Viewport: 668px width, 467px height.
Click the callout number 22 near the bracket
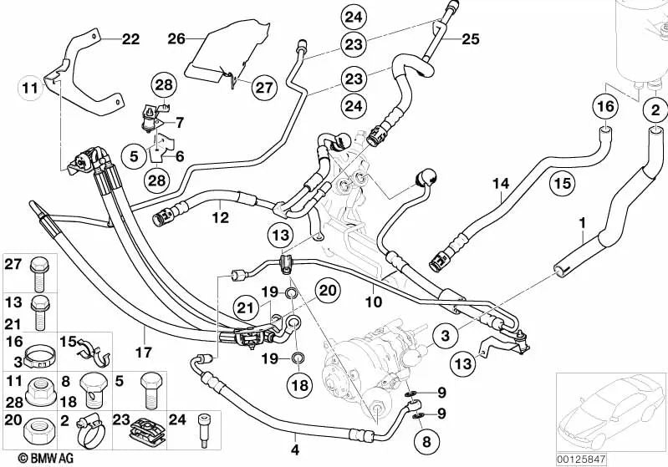pos(131,39)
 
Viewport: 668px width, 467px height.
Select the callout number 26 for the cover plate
pos(176,38)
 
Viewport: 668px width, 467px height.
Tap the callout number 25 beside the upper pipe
pos(472,39)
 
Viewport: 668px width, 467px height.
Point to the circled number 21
pos(244,307)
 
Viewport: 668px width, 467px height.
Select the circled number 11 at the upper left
pos(30,87)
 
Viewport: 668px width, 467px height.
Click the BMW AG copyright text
pos(33,457)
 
